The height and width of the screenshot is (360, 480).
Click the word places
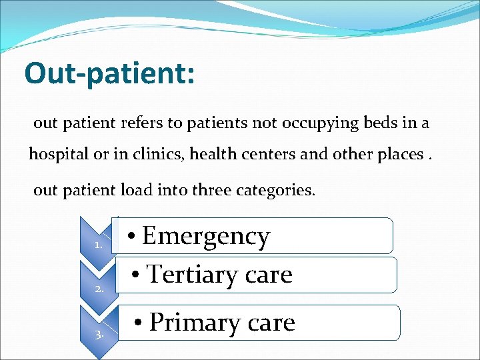coord(401,155)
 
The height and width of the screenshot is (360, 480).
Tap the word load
coord(137,190)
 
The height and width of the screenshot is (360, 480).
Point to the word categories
coord(276,190)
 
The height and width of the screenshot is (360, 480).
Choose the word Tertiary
coord(186,274)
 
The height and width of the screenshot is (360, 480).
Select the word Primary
coord(193,322)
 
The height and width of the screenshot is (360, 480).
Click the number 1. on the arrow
coord(98,245)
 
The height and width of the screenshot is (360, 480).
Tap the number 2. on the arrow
coord(99,289)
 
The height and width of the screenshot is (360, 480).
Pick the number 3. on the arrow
coord(99,334)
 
